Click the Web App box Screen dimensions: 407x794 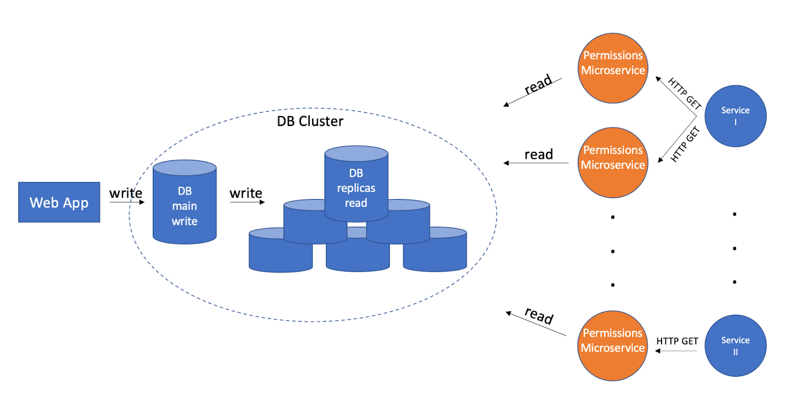click(x=59, y=202)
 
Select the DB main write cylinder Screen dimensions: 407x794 click(x=185, y=205)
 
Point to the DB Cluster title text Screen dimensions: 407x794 click(x=310, y=121)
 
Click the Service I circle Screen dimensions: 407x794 click(x=735, y=116)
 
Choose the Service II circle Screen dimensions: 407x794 click(x=735, y=345)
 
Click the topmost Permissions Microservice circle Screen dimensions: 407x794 click(x=613, y=68)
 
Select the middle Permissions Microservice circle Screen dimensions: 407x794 click(x=613, y=162)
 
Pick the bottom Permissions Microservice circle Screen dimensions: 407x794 click(x=613, y=345)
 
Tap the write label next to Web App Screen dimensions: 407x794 click(x=126, y=193)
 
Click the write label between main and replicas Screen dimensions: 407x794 click(x=246, y=193)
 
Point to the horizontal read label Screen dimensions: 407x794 click(x=538, y=154)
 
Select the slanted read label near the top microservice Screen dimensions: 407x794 click(x=538, y=84)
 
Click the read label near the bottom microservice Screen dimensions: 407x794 click(x=539, y=315)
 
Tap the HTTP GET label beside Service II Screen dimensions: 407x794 click(x=677, y=341)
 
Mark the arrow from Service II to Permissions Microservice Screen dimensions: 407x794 click(x=676, y=351)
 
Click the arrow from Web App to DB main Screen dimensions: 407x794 click(x=127, y=202)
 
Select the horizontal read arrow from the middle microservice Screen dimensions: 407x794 click(x=536, y=163)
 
